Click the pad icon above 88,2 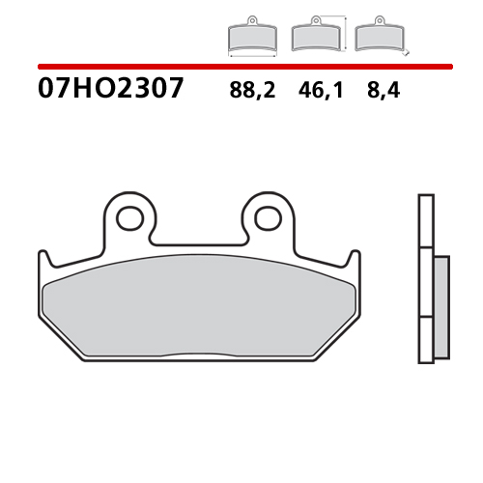(252, 37)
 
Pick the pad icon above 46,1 (315, 37)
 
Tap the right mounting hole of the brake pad (268, 217)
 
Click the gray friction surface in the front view (198, 299)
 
